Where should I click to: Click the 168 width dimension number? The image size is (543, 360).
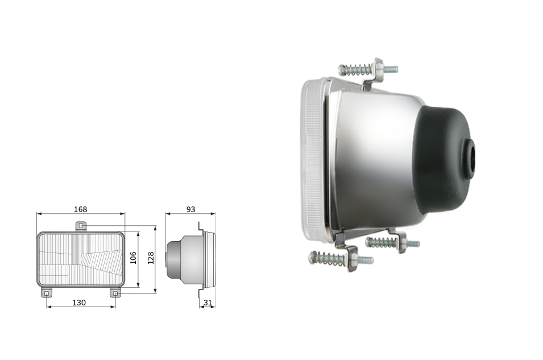pos(80,209)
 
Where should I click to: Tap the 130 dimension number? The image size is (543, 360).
pos(79,303)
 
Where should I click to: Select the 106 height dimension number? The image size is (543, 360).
pos(133,258)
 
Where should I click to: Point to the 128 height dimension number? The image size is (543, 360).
pos(151,258)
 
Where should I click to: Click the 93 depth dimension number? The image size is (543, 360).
pos(191,209)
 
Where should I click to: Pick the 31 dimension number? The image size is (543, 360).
pos(208,303)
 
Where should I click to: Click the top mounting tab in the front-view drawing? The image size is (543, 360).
pos(81,226)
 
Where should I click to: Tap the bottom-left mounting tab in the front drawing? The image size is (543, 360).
pos(47,293)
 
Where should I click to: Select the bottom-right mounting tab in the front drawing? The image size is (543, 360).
pos(115,293)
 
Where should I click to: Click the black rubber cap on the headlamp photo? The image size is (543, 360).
pos(443,159)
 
